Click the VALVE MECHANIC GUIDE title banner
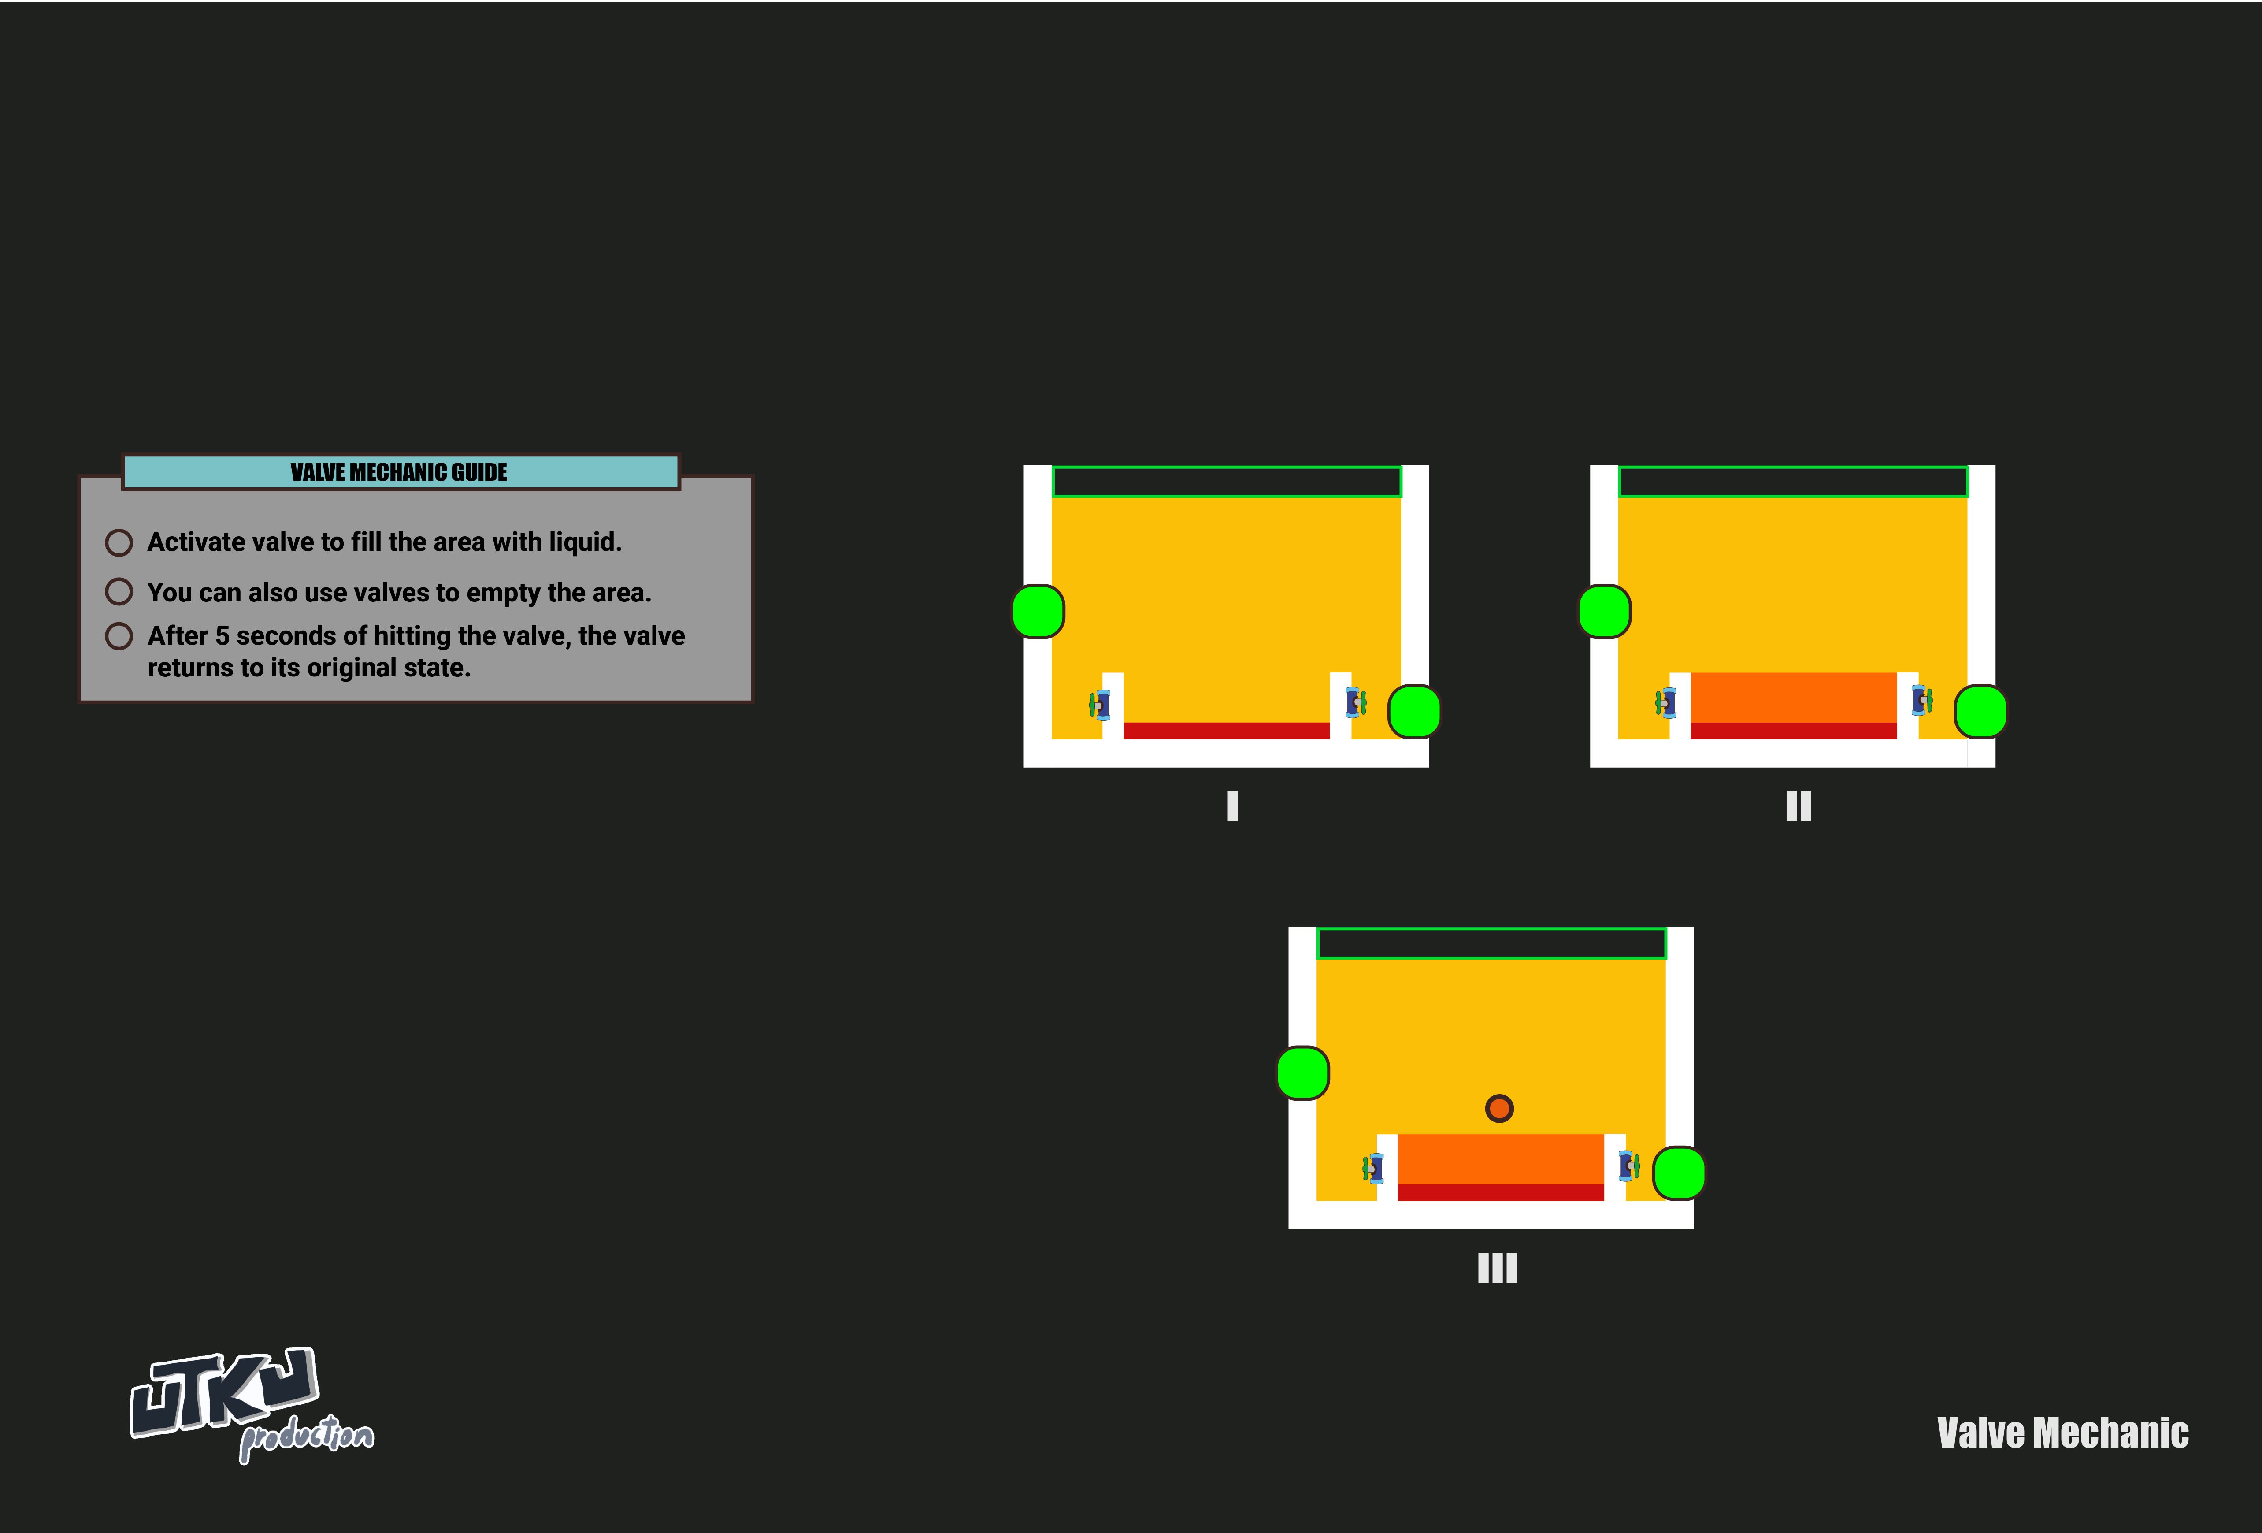(400, 472)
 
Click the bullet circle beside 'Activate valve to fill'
(119, 542)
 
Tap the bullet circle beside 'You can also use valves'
(119, 592)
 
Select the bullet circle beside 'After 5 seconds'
(119, 635)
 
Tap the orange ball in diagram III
(1499, 1108)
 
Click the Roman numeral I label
(1232, 806)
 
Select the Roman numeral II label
(1798, 806)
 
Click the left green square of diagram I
(1038, 611)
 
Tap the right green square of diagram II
(1981, 712)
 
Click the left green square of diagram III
(1302, 1073)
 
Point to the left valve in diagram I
(1100, 704)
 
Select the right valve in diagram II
(1921, 700)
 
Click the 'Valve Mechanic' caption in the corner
(2062, 1433)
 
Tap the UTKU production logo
(251, 1403)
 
